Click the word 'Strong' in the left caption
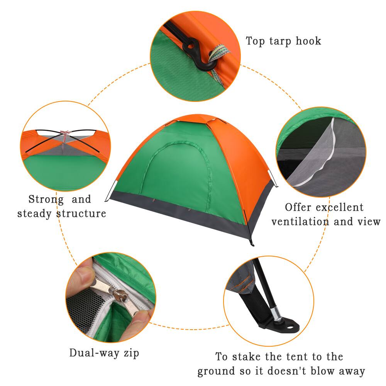pos(46,199)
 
